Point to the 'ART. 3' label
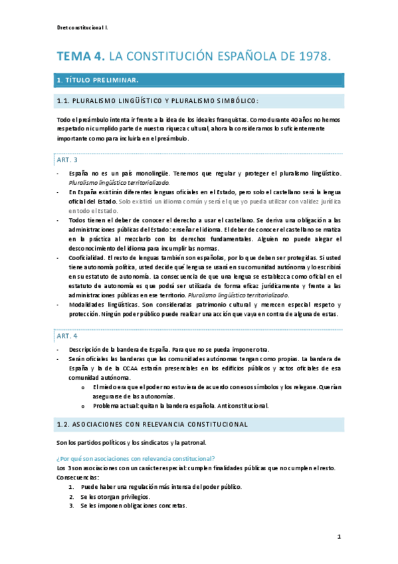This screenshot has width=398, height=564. [x=67, y=160]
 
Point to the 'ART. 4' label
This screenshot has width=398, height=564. [x=67, y=335]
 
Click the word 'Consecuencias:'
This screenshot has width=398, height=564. [x=78, y=477]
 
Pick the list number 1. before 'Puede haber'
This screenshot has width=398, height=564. [x=72, y=486]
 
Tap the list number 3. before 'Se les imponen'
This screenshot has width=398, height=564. [x=72, y=505]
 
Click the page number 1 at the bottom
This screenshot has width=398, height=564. [x=338, y=535]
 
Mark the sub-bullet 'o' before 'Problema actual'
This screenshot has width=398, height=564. [x=83, y=405]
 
